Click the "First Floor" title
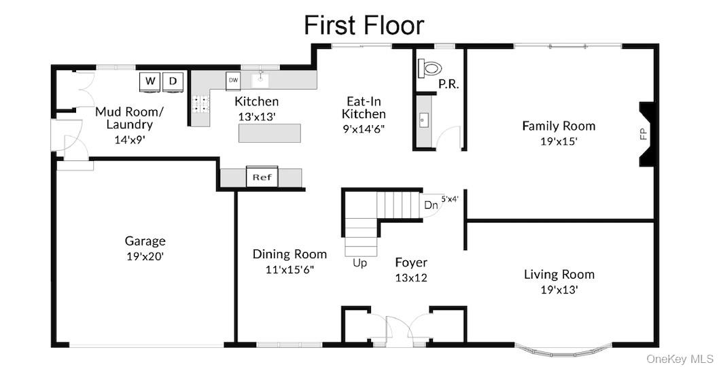tap(364, 25)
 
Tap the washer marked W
tap(150, 82)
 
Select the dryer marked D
tap(173, 82)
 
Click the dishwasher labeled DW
tap(233, 81)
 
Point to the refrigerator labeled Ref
tap(262, 177)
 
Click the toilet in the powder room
tap(429, 69)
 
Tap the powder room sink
tap(422, 120)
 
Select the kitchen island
tap(270, 133)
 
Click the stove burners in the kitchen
tap(200, 104)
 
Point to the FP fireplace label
tap(644, 133)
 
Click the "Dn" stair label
tap(431, 205)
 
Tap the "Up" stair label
tap(360, 263)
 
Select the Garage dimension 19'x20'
tap(145, 256)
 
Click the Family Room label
tap(559, 126)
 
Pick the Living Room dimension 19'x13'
tap(559, 290)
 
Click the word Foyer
tap(411, 262)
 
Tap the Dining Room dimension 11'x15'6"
tap(290, 270)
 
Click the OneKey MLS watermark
tap(681, 357)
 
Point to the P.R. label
tap(449, 85)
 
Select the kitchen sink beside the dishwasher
tap(260, 81)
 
